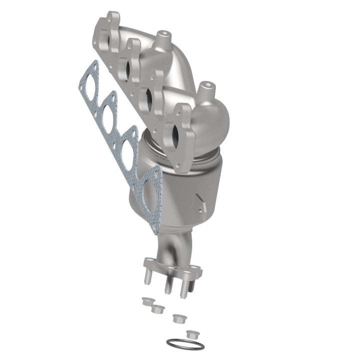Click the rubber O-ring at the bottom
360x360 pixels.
184,345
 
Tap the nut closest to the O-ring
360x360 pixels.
190,333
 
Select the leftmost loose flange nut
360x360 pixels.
147,301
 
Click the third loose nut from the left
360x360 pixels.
177,317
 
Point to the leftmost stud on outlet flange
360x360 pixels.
149,280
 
